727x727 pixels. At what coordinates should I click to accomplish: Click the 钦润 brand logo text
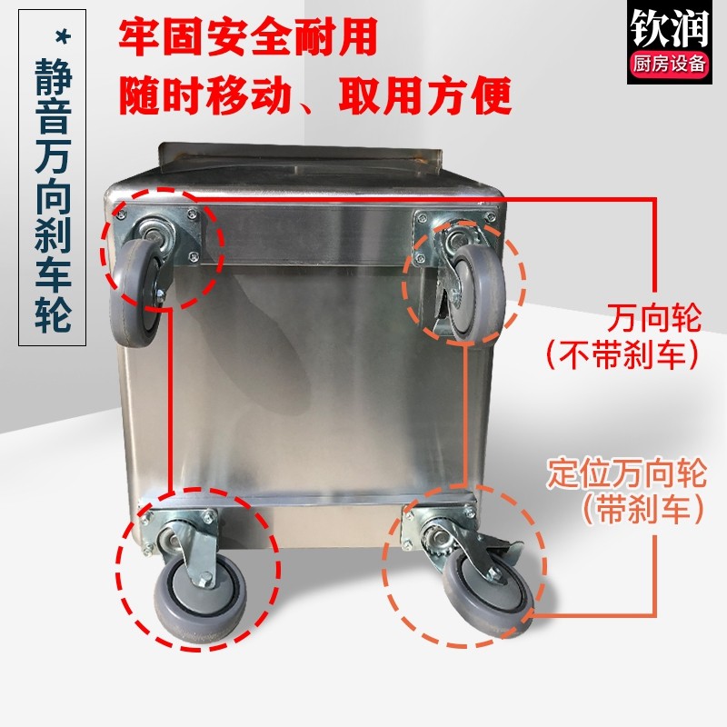click(x=670, y=28)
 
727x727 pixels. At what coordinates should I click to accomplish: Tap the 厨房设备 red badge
click(x=670, y=64)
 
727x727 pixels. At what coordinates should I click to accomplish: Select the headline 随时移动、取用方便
click(x=315, y=95)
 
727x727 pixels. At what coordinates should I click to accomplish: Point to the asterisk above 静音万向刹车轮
click(x=62, y=36)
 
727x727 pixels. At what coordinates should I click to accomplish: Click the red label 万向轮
click(x=654, y=318)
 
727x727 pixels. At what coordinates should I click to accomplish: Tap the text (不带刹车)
click(x=622, y=355)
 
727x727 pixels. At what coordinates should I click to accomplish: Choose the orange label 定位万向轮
click(x=627, y=473)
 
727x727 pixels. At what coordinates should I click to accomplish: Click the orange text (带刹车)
click(x=643, y=510)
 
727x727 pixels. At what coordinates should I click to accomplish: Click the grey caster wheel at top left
click(x=135, y=293)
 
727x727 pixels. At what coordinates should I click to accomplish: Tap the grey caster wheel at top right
click(x=478, y=292)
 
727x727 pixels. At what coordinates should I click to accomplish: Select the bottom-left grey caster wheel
click(x=199, y=598)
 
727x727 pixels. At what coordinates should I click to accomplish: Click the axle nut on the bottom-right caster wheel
click(x=494, y=575)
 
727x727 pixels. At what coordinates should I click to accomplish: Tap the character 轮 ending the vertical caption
click(x=54, y=314)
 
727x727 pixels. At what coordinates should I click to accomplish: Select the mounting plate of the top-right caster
click(x=456, y=235)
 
